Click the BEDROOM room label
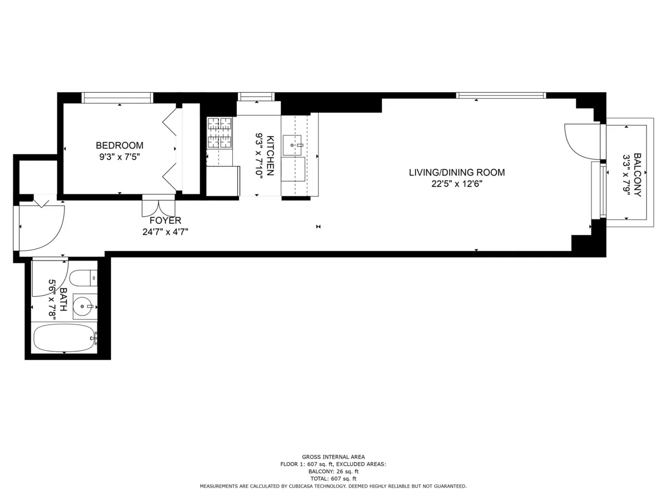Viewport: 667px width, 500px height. coord(120,146)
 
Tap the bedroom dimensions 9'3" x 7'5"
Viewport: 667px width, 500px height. coord(120,157)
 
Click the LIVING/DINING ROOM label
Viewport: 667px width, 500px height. coord(457,172)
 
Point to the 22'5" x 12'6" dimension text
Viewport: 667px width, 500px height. coord(457,184)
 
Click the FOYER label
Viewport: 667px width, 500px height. coord(165,221)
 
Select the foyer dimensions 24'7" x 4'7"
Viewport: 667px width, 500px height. coord(165,232)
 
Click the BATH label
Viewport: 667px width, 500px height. coord(63,299)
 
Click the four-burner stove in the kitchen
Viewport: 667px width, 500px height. coord(220,133)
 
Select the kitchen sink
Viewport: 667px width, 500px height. coord(292,145)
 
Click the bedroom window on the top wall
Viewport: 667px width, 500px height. coord(117,98)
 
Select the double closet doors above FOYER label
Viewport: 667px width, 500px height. coord(158,206)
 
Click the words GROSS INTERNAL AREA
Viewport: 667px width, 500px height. coord(333,457)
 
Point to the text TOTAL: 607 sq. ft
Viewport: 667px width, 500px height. coord(333,478)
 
